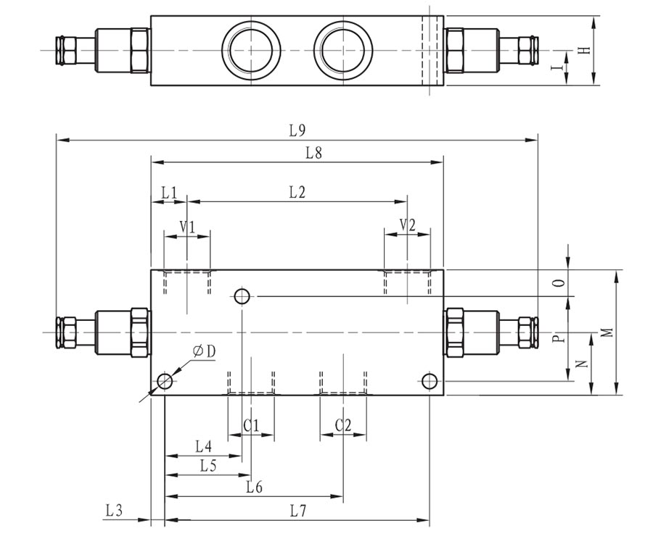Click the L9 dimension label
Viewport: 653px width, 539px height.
296,130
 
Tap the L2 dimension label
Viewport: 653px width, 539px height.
297,192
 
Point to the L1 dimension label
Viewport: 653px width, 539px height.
168,192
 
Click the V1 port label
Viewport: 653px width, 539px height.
187,226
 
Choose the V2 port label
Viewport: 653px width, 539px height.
408,226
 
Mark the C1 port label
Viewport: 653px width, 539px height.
251,425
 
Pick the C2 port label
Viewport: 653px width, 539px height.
343,425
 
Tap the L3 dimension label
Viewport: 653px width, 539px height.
114,511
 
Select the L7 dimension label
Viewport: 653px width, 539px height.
296,511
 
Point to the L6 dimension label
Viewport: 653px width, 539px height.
253,488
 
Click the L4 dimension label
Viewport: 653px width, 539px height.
204,446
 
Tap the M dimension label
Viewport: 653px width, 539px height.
607,333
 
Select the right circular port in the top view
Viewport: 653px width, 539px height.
342,49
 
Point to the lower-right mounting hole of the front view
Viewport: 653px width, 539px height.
430,381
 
